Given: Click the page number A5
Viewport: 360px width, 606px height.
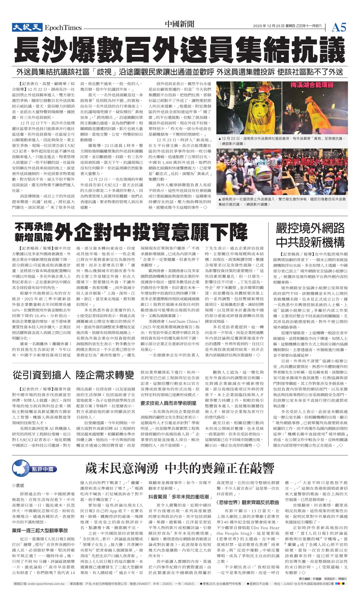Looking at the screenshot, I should tap(339, 27).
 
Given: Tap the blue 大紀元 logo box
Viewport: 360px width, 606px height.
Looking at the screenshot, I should tap(27, 27).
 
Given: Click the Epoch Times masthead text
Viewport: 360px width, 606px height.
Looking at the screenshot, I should tap(63, 28).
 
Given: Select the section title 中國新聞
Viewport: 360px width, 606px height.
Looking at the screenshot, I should tap(180, 24).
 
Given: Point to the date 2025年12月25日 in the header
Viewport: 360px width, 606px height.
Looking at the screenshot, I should tap(269, 26).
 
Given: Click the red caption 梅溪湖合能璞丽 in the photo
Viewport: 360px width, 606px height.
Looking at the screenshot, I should tap(312, 85).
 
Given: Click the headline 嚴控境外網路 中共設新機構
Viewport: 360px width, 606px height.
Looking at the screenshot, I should tap(310, 235).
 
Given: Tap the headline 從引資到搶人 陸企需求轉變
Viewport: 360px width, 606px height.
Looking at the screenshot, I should tap(74, 375).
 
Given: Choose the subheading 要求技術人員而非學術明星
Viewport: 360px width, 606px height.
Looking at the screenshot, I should tap(168, 403).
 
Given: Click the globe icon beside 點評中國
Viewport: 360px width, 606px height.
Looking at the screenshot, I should tap(21, 468).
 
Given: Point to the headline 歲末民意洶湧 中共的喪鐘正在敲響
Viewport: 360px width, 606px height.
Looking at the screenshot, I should tap(180, 468).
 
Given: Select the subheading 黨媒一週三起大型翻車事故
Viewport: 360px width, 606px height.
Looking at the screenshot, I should tap(40, 530).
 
